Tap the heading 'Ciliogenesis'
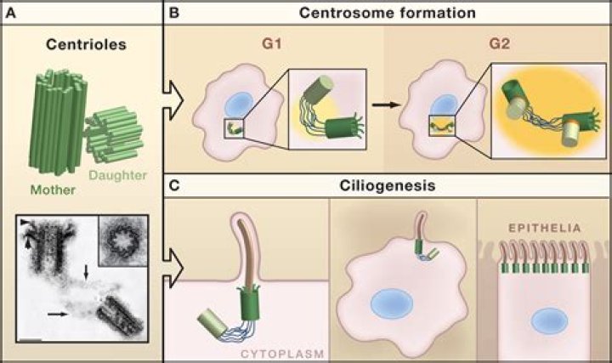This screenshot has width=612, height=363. (x=388, y=183)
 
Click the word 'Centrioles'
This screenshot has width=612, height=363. (x=81, y=43)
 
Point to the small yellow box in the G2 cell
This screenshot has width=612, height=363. (x=441, y=133)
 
